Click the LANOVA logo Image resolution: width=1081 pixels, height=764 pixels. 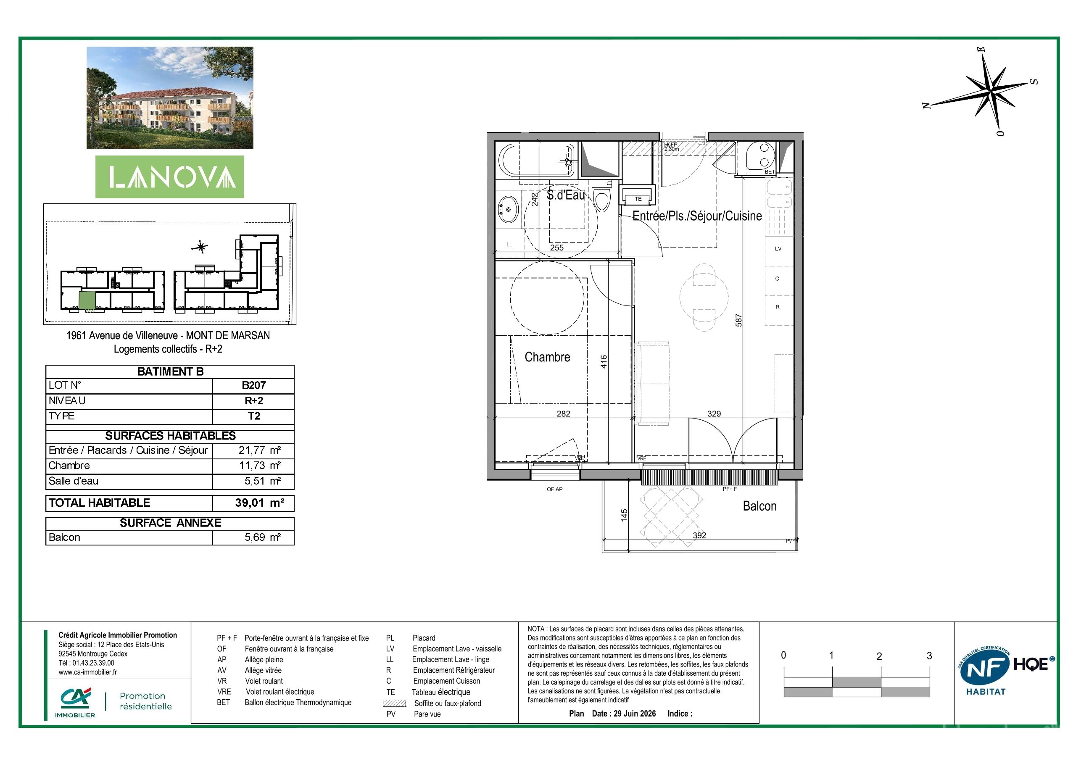pos(170,177)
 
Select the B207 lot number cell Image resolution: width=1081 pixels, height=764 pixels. pos(253,385)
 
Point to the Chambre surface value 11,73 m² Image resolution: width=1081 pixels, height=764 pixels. pos(259,466)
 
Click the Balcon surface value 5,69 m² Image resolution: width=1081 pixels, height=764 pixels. pos(262,537)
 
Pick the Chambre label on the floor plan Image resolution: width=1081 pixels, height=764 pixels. pos(547,357)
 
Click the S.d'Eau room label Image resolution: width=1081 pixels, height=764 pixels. pos(565,195)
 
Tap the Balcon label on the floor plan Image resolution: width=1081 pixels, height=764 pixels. pos(759,506)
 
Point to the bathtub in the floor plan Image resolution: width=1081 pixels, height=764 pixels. pos(536,161)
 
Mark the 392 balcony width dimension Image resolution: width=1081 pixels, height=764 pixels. pos(700,535)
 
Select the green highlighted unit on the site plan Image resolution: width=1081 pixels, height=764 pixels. pos(87,300)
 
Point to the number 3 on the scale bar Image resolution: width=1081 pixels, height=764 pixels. pos(929,656)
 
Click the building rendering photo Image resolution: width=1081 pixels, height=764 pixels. pos(170,98)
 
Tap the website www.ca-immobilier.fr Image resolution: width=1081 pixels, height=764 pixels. pos(88,672)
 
